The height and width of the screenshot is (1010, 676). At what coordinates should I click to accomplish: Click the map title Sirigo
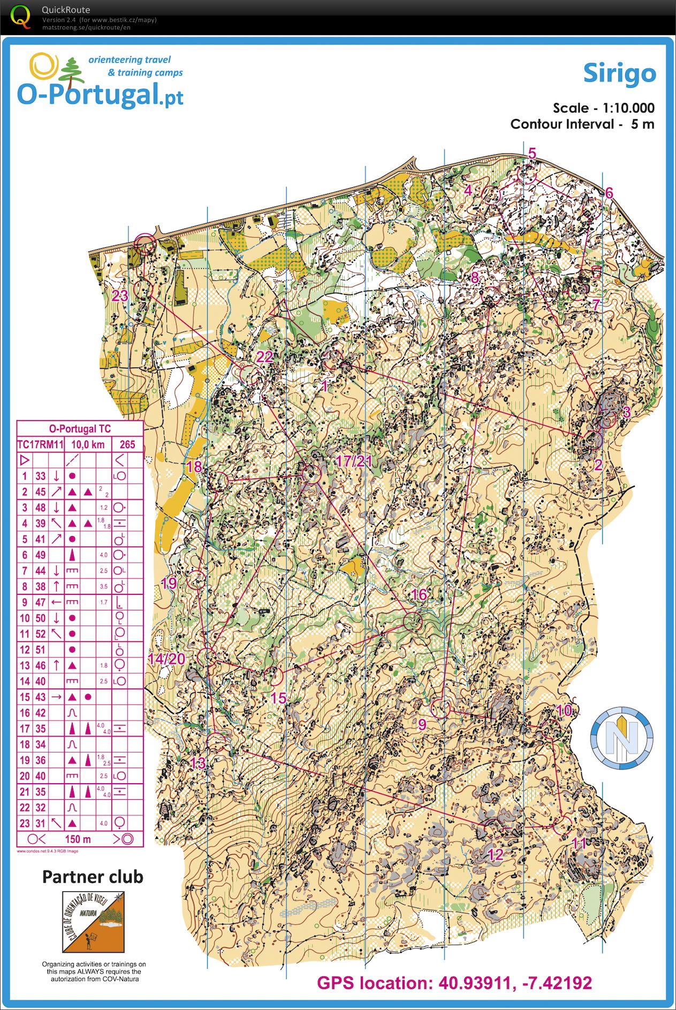619,73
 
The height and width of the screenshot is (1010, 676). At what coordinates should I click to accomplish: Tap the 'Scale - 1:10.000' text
603,108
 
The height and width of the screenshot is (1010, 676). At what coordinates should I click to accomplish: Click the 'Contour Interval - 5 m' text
582,124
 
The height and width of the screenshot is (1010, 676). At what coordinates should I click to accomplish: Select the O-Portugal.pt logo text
100,95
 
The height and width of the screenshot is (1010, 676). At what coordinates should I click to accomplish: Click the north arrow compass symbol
621,738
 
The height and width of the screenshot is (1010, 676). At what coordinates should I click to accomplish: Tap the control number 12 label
496,854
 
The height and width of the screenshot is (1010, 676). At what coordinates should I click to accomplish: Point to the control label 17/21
353,461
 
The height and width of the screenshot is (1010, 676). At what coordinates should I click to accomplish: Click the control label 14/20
166,659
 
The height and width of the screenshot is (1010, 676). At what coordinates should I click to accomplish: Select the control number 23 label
120,296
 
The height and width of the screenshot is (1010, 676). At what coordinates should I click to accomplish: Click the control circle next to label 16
413,621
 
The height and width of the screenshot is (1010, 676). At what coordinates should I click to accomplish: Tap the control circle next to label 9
441,708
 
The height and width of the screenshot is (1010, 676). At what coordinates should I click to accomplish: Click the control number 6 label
609,193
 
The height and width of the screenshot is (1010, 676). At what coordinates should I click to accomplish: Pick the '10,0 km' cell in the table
88,445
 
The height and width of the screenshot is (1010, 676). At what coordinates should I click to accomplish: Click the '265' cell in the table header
127,445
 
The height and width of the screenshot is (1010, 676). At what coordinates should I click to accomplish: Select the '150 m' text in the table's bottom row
78,839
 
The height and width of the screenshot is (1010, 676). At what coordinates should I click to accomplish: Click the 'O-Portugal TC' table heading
80,429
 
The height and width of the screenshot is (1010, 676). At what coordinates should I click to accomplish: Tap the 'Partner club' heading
93,877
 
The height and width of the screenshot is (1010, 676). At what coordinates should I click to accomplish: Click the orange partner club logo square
93,922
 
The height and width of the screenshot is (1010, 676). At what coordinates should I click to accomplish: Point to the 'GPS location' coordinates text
454,983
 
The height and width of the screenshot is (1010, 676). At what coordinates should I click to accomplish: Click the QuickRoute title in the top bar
66,10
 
